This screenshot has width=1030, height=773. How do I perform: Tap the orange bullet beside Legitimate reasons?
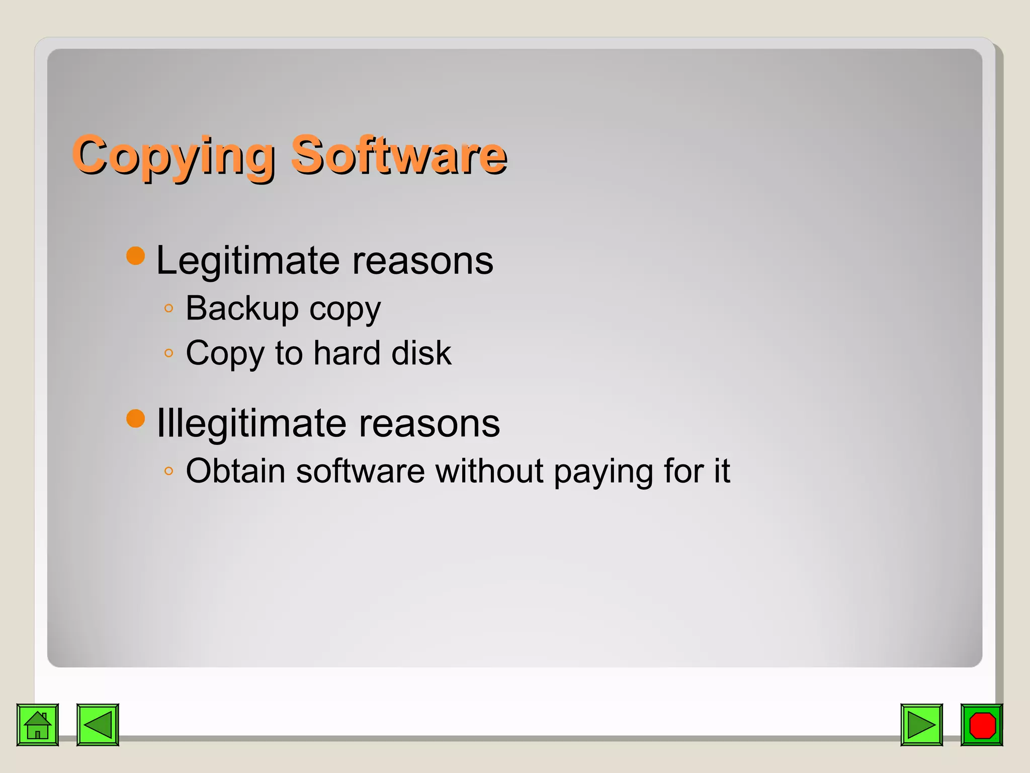click(x=135, y=256)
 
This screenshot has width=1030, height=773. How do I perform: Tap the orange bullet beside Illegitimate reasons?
click(x=135, y=418)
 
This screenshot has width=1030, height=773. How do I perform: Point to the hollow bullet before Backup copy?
click(x=169, y=308)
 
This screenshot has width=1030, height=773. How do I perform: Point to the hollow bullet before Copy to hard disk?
click(x=169, y=353)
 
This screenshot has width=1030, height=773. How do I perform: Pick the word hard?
click(x=347, y=353)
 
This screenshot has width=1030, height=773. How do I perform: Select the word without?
click(x=489, y=471)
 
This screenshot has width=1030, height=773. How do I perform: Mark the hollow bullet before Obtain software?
click(x=169, y=472)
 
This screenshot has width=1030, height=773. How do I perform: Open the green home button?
click(x=38, y=725)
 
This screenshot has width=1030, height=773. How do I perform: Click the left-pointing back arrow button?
click(x=98, y=725)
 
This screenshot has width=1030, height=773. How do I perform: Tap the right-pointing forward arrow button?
click(x=921, y=725)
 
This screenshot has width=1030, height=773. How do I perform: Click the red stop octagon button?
click(x=982, y=725)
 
